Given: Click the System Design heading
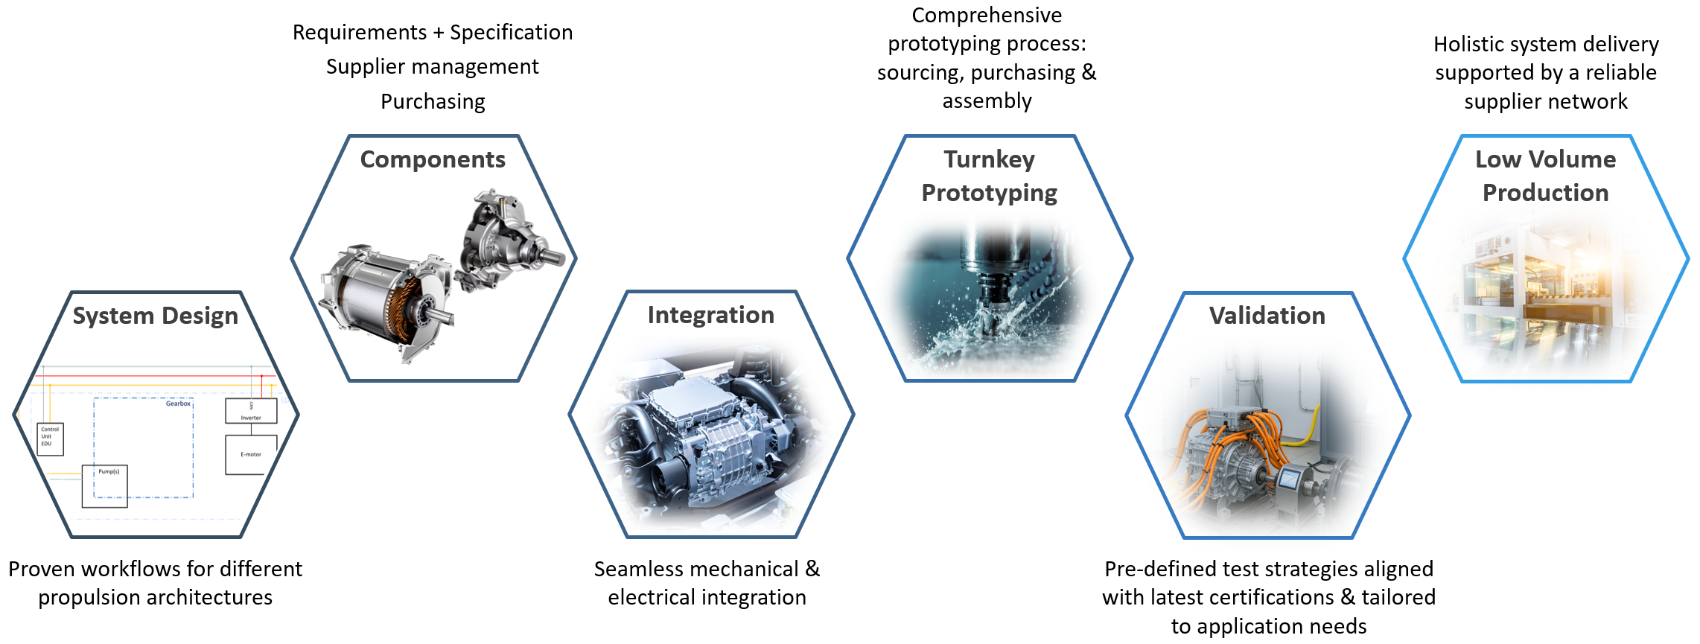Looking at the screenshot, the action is click(155, 316).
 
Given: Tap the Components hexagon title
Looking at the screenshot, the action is click(433, 159).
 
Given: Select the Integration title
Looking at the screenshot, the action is click(711, 315).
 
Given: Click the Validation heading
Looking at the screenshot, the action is click(1267, 316).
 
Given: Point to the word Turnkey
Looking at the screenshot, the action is click(990, 159).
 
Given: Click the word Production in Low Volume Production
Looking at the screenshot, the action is click(1546, 193).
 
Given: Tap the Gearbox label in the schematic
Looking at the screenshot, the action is click(178, 404).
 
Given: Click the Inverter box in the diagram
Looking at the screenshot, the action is click(251, 411).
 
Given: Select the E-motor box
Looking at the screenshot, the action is click(251, 454).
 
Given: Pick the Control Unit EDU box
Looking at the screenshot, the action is click(50, 439).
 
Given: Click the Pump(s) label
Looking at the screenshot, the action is click(109, 471).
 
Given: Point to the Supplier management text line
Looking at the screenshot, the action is click(433, 67).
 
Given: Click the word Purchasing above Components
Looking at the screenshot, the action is click(433, 101).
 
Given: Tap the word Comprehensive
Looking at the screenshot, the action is click(987, 15).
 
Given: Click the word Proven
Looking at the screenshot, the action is click(42, 569).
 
